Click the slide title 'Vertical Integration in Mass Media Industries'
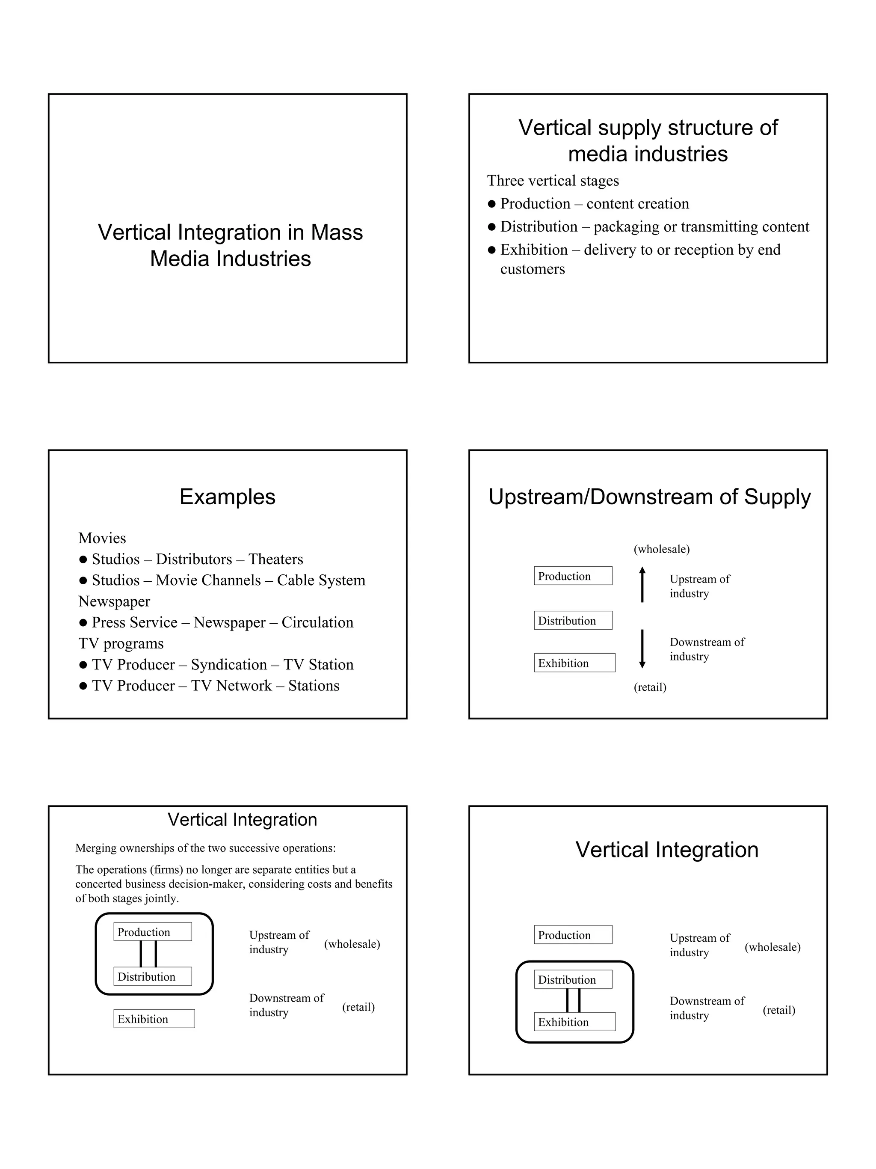click(230, 245)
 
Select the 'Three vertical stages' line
click(552, 181)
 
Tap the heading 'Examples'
click(227, 497)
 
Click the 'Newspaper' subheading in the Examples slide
click(114, 601)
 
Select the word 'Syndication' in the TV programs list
click(229, 664)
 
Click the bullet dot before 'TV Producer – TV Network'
click(83, 686)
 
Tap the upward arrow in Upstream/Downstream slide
click(642, 584)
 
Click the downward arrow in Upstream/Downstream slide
click(642, 648)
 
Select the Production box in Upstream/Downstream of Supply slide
click(573, 576)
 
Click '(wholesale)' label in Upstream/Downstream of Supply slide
click(661, 549)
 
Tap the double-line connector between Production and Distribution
click(148, 954)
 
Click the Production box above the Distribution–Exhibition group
click(573, 935)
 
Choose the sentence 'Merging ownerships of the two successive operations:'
click(205, 848)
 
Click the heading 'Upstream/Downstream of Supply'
click(649, 497)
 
